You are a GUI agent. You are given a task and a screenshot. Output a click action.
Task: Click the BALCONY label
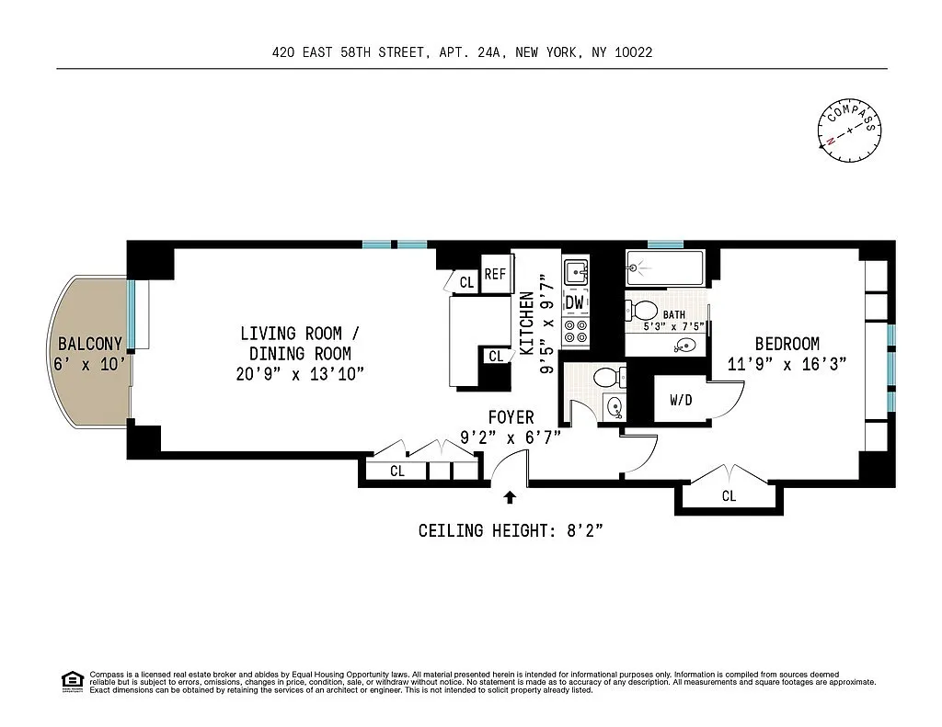[x=90, y=344]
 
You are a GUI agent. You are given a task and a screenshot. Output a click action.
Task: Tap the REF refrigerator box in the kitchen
[x=497, y=275]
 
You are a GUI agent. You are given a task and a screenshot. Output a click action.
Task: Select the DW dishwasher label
[x=575, y=302]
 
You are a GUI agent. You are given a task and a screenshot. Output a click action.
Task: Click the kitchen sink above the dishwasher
[x=576, y=273]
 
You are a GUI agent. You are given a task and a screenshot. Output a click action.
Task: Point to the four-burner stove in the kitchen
[x=576, y=332]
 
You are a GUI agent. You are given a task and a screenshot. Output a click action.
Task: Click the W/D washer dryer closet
[x=681, y=399]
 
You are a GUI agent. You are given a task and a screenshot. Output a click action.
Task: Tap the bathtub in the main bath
[x=664, y=267]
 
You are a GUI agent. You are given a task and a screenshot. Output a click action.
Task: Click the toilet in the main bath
[x=641, y=311]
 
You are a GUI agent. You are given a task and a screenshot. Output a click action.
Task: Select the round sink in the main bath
[x=685, y=346]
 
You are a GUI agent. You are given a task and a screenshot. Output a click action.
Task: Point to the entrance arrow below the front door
[x=510, y=497]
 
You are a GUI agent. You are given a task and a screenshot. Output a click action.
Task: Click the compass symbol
[x=849, y=131]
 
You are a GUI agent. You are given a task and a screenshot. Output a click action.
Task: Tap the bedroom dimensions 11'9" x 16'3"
[x=787, y=364]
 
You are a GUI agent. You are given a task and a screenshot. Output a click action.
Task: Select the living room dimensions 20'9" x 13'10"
[x=300, y=374]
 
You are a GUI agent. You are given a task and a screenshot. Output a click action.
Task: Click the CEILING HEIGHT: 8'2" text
[x=510, y=530]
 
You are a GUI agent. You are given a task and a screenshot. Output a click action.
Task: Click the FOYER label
[x=511, y=417]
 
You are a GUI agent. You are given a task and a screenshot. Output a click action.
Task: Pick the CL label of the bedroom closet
[x=729, y=496]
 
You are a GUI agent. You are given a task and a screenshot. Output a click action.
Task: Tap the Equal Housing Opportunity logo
[x=73, y=681]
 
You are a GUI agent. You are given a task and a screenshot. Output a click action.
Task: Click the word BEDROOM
[x=787, y=344]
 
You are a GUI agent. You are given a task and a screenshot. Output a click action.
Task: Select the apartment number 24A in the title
[x=488, y=52]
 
